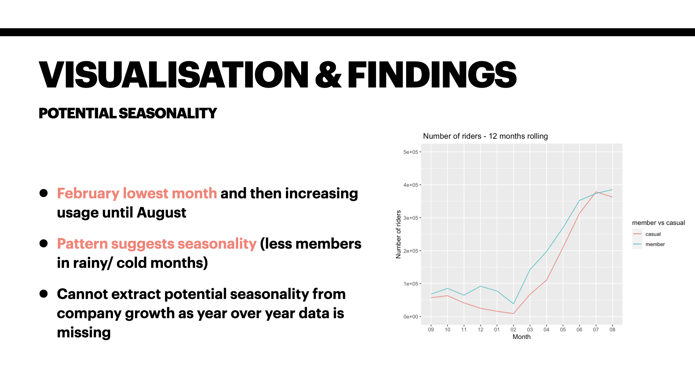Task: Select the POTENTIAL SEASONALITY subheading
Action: (128, 113)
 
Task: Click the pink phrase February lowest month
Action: (137, 193)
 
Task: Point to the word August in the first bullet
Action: (161, 213)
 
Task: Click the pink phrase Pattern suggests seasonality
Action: (157, 244)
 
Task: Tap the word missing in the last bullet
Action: (84, 332)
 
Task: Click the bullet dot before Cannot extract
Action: (44, 294)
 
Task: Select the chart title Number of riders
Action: (485, 136)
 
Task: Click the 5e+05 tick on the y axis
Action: (410, 152)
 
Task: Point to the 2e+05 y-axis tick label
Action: (410, 251)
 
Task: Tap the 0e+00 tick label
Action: (410, 317)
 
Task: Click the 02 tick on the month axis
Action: (513, 329)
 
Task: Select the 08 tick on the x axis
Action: (612, 329)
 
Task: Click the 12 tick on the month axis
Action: (480, 329)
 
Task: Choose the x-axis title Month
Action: (521, 337)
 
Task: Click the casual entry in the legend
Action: (653, 234)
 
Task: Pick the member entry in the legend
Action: (655, 244)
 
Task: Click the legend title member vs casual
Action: (658, 223)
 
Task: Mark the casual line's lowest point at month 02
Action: (513, 314)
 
